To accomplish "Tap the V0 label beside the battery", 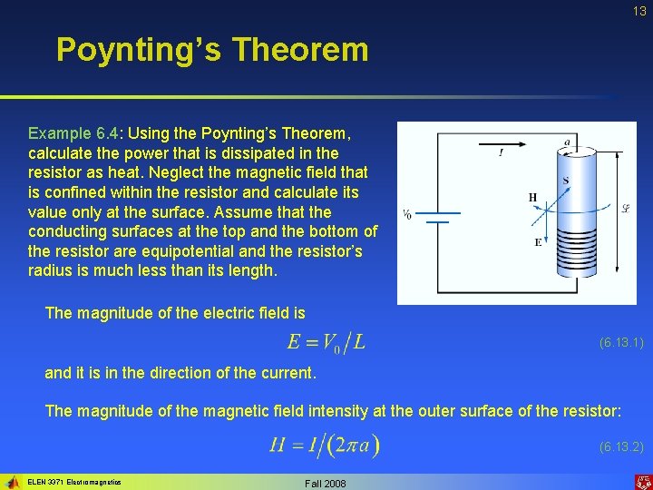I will tap(407, 215).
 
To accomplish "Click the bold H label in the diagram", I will tap(532, 198).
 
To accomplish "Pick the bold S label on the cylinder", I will tap(566, 181).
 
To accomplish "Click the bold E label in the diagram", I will tap(539, 242).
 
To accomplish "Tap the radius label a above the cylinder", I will tap(567, 142).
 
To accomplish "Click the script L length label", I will tap(624, 211).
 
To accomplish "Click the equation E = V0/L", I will tap(326, 342).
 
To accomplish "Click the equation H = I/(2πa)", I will tap(324, 445).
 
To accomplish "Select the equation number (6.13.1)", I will tap(621, 343).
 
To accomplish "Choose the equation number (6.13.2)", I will tap(621, 446).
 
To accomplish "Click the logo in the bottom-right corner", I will tap(641, 481).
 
